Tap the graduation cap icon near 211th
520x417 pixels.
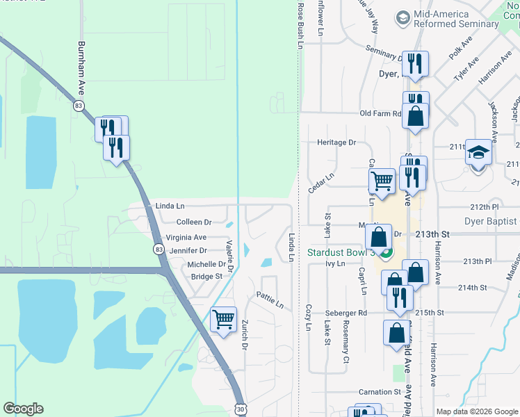(x=478, y=152)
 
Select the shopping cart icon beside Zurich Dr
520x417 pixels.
(x=223, y=320)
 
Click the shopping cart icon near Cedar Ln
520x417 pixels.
(x=382, y=181)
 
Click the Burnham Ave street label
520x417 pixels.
(x=81, y=76)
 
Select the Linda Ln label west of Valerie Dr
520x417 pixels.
(x=170, y=206)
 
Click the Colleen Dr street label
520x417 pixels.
(x=194, y=222)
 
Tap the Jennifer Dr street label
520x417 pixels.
(x=188, y=250)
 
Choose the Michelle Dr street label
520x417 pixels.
(x=206, y=264)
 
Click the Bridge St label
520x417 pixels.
(x=206, y=277)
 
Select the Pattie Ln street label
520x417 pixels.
(x=270, y=302)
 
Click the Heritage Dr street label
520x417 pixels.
(x=336, y=142)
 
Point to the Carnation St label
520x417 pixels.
(x=379, y=392)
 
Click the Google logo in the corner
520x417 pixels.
(x=23, y=409)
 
